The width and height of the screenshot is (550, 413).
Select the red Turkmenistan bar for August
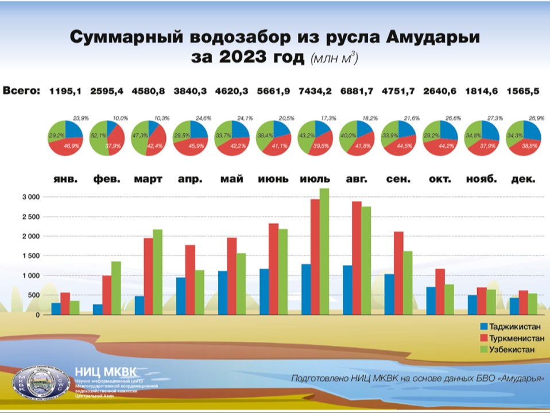357,258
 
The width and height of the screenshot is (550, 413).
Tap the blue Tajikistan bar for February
98,309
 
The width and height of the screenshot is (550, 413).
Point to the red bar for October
439,291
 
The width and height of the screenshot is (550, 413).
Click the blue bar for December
514,306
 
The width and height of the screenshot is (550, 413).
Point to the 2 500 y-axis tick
29,217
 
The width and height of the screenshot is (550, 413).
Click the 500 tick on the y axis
33,295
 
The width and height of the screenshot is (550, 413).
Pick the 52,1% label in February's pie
98,134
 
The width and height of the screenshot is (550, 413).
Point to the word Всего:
22,90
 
